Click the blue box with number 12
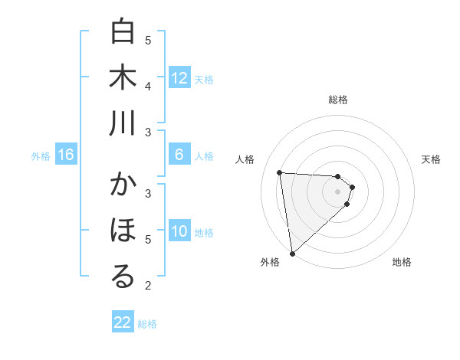[x=179, y=78]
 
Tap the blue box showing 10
[x=179, y=231]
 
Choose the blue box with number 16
[x=66, y=155]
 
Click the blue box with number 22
[x=123, y=322]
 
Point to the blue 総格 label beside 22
[x=147, y=324]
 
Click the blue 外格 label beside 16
[x=41, y=156]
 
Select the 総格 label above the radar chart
[x=338, y=100]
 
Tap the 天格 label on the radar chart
[x=432, y=159]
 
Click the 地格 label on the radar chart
[x=402, y=262]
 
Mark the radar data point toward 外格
[x=292, y=253]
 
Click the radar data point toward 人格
[x=280, y=172]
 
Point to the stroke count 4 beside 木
[x=148, y=86]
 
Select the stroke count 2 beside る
[x=148, y=286]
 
